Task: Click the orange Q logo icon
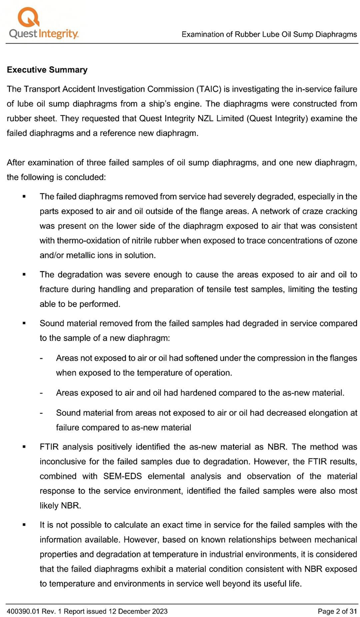(x=29, y=16)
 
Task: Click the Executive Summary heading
(x=47, y=70)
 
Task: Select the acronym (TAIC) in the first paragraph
(x=209, y=89)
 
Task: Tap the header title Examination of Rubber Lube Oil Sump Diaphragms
(x=269, y=34)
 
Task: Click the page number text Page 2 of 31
(x=337, y=611)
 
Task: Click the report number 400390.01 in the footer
(x=23, y=611)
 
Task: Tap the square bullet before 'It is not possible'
(x=24, y=511)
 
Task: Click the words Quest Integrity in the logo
(x=44, y=34)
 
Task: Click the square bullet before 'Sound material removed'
(x=24, y=323)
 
